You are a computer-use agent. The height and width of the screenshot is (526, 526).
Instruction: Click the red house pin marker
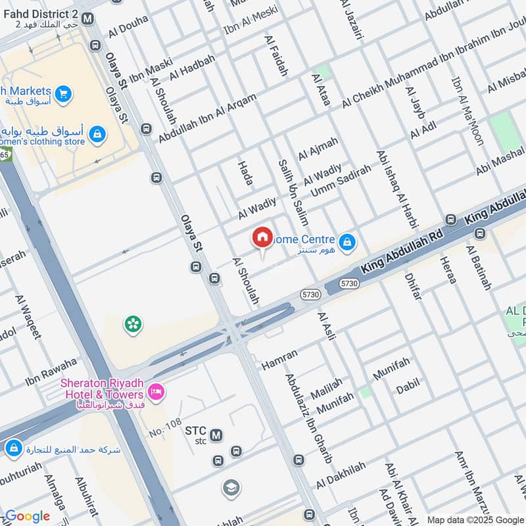tap(262, 238)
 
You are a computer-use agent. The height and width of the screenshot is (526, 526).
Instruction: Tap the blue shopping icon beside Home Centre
tap(347, 243)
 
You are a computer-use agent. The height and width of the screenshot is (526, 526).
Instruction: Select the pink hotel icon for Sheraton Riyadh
tap(156, 393)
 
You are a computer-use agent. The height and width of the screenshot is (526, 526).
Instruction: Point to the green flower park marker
tap(133, 323)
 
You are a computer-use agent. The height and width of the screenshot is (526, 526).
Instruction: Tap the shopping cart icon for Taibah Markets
tap(64, 95)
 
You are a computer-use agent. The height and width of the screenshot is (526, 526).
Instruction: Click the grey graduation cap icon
tap(230, 487)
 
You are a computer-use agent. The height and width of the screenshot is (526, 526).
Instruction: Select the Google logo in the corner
tap(27, 516)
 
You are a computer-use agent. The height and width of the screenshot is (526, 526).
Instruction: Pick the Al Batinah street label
tap(478, 268)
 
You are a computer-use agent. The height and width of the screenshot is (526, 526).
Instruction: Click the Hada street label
tap(245, 173)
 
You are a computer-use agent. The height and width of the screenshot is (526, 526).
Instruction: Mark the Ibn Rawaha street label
tap(51, 372)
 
